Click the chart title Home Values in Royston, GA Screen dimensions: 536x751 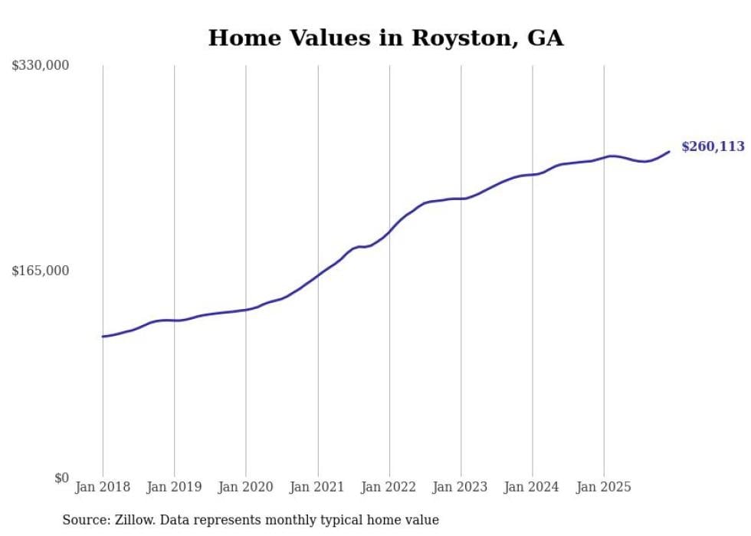(x=385, y=38)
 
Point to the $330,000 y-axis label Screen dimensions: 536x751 (x=41, y=66)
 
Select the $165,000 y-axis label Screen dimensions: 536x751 (x=41, y=271)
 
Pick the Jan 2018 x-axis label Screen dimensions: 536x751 (x=103, y=487)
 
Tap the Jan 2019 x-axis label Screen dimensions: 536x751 (x=174, y=487)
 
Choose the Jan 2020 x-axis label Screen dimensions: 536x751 (x=246, y=487)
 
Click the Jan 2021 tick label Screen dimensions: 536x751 (x=317, y=487)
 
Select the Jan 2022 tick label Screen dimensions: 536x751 (x=389, y=487)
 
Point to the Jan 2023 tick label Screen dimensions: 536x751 (x=461, y=487)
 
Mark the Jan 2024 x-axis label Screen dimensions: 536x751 (x=533, y=487)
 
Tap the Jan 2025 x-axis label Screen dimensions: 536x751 (x=604, y=487)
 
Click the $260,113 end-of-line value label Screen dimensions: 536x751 (x=713, y=146)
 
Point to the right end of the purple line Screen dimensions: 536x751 (x=669, y=151)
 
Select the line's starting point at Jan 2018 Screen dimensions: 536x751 (x=103, y=337)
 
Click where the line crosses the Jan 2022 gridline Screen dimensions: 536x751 (x=389, y=232)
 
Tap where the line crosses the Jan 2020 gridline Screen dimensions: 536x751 (x=246, y=310)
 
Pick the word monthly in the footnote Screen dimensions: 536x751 (x=303, y=520)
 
